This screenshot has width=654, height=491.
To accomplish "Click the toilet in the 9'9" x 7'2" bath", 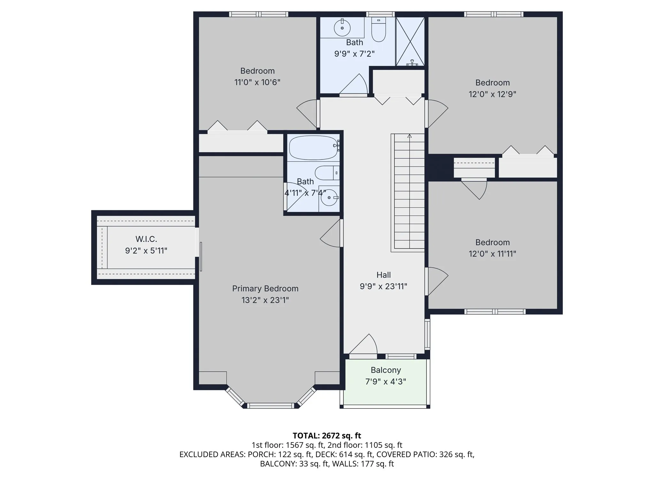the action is coord(379,29).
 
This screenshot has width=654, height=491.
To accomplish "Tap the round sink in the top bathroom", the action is coord(342,27).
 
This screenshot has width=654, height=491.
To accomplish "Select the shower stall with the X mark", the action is coord(410,42).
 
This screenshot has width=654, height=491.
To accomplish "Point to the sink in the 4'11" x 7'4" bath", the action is coord(329,198).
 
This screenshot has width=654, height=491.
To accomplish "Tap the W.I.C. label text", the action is coord(146,239).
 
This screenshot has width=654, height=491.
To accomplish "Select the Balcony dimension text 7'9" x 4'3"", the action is coord(386,381).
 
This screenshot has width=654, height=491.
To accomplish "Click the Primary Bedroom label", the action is coord(265,288).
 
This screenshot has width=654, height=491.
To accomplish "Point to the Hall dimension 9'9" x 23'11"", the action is coord(384,286).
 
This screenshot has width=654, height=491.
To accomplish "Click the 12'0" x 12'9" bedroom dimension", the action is coord(492,94).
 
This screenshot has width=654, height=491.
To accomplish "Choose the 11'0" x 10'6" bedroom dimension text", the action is coord(257,82).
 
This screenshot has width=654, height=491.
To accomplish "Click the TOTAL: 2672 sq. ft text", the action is coord(327,435).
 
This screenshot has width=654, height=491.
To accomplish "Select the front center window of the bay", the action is coord(271,406).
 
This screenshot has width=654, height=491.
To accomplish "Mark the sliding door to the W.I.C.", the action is coord(201,256).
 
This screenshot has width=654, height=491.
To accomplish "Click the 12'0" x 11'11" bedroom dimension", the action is coord(492,253).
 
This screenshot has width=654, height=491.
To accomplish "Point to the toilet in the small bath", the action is coord(327,173).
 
